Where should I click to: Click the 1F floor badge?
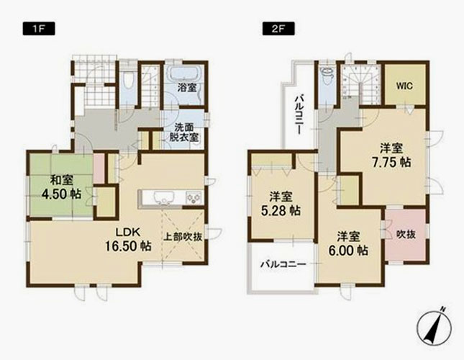39,30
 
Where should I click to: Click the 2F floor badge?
278,30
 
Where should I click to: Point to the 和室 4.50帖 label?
62,187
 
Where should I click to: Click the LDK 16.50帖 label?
129,239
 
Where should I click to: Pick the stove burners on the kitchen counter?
194,197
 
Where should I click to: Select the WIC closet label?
404,86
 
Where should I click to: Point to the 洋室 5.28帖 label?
281,204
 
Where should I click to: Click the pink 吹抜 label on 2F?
406,235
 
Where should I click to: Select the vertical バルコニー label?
299,114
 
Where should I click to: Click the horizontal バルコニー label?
283,264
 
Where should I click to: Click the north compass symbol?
435,327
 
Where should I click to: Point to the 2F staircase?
361,84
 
